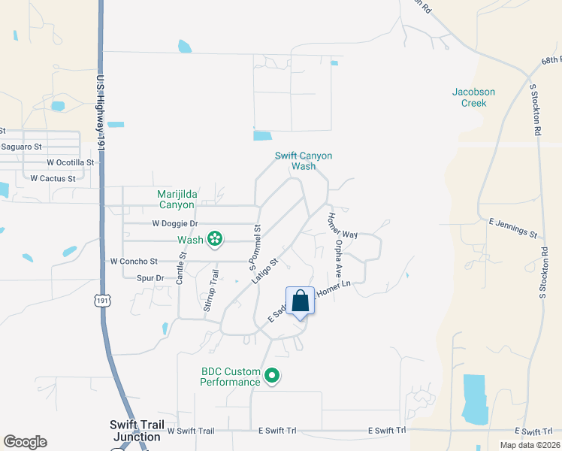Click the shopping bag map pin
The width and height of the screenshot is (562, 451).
[x=300, y=302]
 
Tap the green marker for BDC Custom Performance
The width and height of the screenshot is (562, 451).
[x=273, y=376]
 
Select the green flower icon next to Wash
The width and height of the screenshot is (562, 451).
[x=215, y=240]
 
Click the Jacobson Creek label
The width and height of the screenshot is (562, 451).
[x=473, y=98]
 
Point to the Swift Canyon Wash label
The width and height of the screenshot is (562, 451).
[x=303, y=161]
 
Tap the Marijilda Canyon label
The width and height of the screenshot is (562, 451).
[x=176, y=199]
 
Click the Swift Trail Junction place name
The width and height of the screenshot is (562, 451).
[x=136, y=431]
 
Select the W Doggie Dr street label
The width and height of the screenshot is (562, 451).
[x=174, y=223]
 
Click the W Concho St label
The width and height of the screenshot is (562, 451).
[x=134, y=262]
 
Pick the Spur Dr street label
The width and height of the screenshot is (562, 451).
[x=150, y=278]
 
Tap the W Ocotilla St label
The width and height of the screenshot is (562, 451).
[x=71, y=162]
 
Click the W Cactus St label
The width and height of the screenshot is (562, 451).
[x=53, y=178]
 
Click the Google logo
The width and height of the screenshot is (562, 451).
[x=25, y=442]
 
